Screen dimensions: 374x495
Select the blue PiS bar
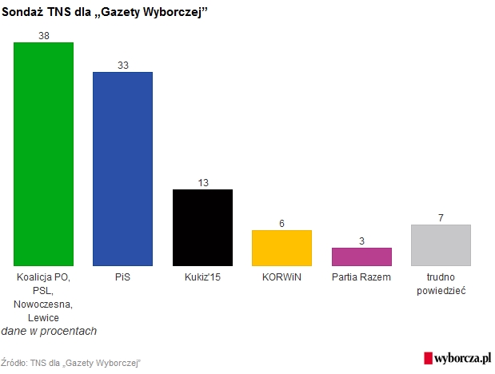(x=122, y=169)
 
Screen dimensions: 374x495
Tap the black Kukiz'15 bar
(x=202, y=227)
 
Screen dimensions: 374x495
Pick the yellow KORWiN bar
(x=281, y=248)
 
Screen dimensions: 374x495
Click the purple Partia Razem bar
(x=361, y=257)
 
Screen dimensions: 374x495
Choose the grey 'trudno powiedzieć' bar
(x=441, y=245)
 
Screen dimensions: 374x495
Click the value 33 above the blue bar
(x=122, y=66)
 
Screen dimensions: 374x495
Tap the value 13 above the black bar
(x=202, y=183)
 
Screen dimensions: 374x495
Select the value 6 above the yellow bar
(x=281, y=224)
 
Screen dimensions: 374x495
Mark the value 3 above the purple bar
(x=361, y=241)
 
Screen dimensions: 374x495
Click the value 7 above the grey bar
(x=441, y=218)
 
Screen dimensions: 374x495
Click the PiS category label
(x=122, y=277)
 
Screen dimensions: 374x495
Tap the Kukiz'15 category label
(x=202, y=277)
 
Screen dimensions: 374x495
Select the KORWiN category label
(x=281, y=277)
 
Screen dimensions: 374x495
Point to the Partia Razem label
(x=361, y=277)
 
